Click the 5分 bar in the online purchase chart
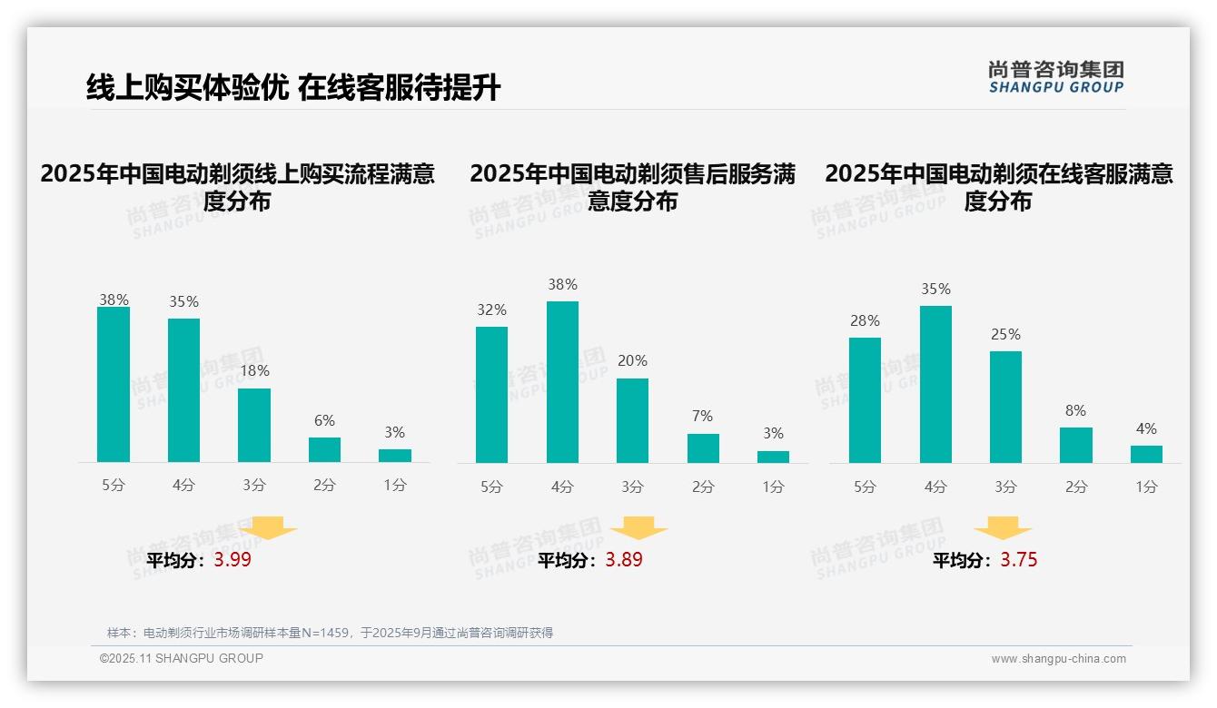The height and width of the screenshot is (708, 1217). (114, 385)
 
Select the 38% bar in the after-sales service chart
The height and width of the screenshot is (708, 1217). (562, 382)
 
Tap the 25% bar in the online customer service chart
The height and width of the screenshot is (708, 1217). (1005, 407)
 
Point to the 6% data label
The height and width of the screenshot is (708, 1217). (324, 421)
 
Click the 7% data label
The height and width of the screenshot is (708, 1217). (702, 417)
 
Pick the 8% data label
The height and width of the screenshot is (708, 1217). (1075, 411)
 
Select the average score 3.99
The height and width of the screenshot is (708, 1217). (233, 560)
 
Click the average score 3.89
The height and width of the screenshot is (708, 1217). (624, 560)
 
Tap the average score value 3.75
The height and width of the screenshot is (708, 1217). (1019, 560)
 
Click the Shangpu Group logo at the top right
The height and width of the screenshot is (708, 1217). (1055, 76)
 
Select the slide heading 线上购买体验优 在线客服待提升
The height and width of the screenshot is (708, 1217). (293, 88)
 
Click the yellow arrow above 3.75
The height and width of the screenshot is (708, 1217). (1003, 529)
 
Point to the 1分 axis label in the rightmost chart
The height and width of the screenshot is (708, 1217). (1146, 487)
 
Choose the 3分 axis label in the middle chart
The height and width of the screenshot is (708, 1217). (632, 487)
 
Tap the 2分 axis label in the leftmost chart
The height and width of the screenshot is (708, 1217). (324, 486)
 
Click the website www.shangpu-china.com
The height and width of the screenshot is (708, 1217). (1058, 659)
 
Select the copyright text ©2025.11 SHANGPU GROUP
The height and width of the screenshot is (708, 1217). (182, 658)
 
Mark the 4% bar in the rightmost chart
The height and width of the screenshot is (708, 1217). (1146, 454)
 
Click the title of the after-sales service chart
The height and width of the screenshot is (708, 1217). (632, 187)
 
